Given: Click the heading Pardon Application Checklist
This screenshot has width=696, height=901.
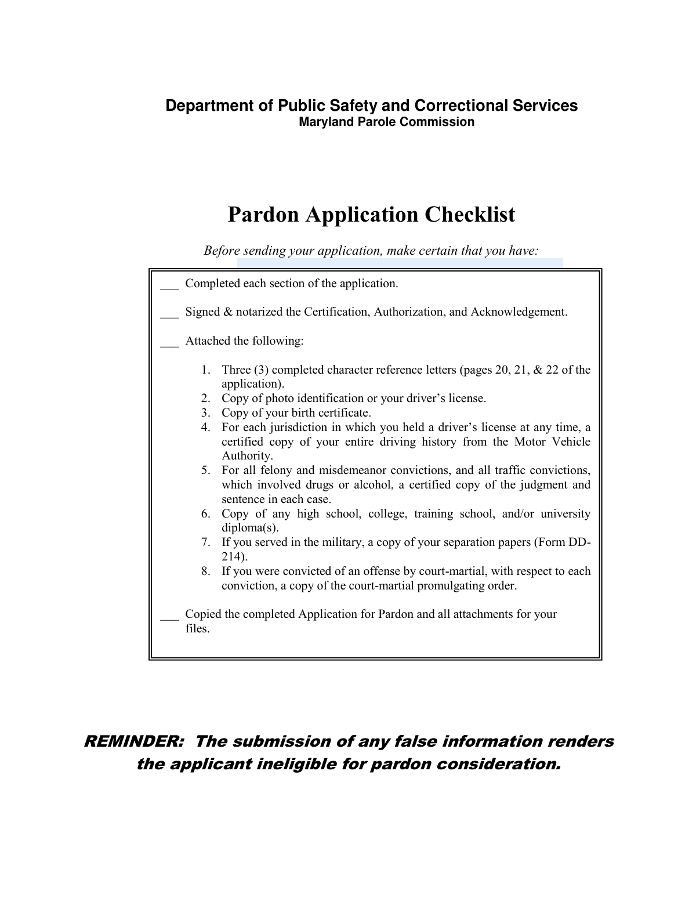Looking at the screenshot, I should tap(371, 215).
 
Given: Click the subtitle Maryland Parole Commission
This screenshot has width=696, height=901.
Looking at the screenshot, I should tap(386, 122).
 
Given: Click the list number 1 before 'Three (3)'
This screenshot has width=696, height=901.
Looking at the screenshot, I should tap(205, 370).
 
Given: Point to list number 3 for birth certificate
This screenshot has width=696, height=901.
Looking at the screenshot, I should tap(205, 413).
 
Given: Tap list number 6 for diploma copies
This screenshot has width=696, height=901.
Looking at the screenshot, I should tap(205, 514).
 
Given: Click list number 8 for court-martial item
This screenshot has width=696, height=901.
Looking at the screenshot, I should tap(205, 571).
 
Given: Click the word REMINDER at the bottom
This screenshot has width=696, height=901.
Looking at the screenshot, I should tap(134, 741).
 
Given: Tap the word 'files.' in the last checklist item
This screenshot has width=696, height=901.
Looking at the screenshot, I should tap(197, 628).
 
